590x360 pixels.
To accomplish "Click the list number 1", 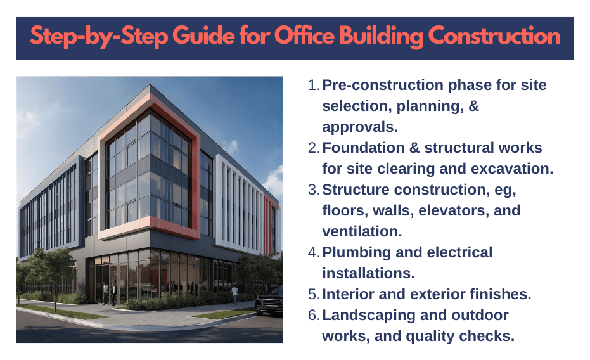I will point(312,86).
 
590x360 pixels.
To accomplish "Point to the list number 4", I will point(312,253).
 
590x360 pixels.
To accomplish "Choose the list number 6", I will point(312,315).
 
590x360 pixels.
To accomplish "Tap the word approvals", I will point(360,127).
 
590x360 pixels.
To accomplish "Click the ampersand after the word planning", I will point(471,106).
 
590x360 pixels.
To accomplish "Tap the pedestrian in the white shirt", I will point(235,293).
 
